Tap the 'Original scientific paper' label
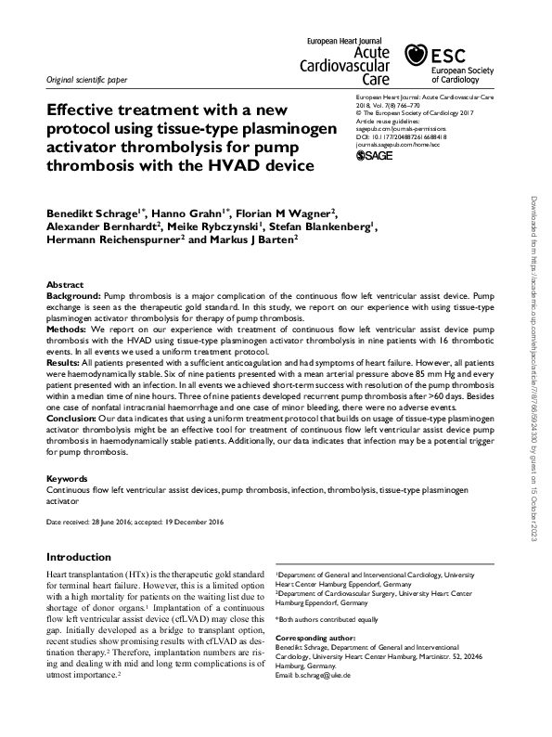point(89,80)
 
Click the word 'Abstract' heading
point(65,285)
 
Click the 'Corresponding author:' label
point(316,640)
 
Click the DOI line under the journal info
point(402,136)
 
